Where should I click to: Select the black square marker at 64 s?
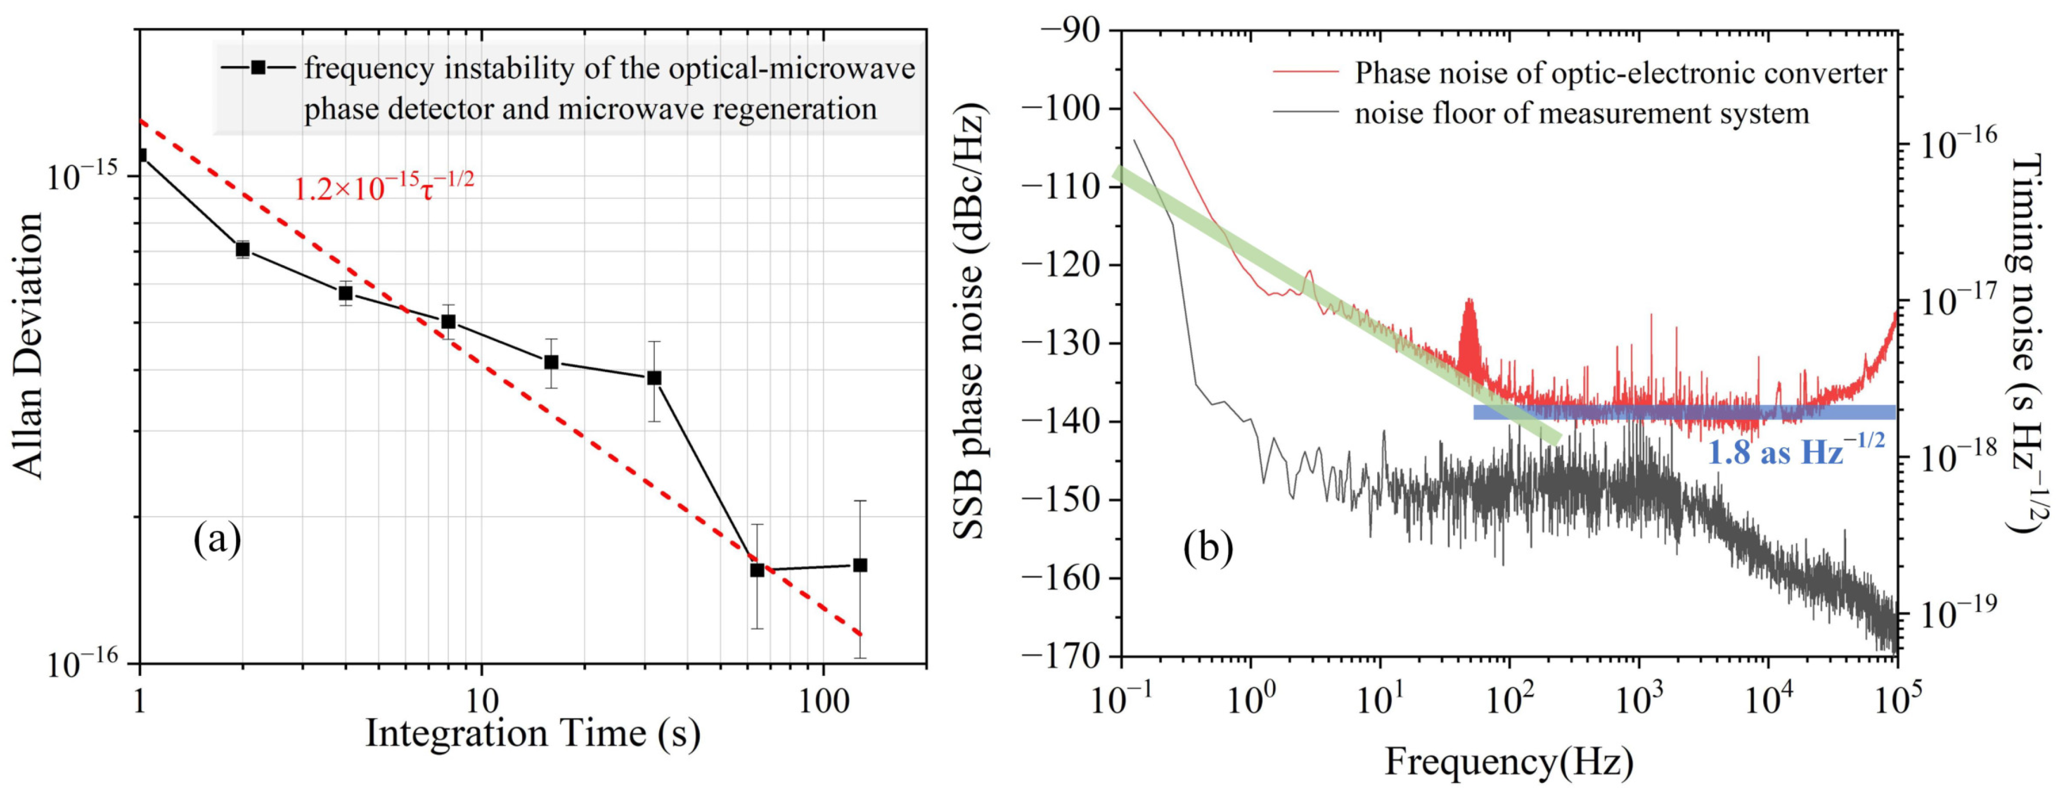click(x=757, y=570)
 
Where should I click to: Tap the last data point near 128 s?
click(x=860, y=565)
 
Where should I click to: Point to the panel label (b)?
click(x=1208, y=547)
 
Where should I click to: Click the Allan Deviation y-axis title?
click(x=29, y=346)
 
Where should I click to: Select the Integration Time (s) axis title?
click(x=533, y=733)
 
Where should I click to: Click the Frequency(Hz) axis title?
click(x=1509, y=761)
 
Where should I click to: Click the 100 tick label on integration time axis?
click(x=823, y=701)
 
